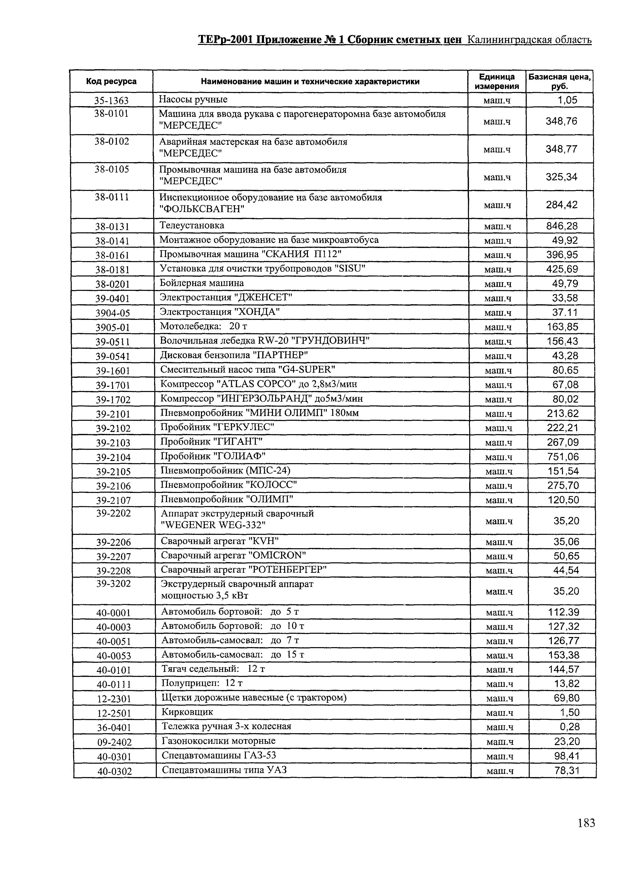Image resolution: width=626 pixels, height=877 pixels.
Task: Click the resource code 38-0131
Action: coord(112,226)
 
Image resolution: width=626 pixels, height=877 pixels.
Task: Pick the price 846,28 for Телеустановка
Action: coord(562,226)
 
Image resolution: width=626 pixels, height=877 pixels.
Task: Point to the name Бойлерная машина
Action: coord(202,283)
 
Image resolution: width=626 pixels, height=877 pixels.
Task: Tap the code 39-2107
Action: coord(113,500)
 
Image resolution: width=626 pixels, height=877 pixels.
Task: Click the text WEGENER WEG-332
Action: coord(213,525)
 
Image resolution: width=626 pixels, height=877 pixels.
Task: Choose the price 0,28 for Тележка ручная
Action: coord(569,727)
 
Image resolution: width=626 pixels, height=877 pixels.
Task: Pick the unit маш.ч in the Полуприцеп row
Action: coord(499,684)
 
